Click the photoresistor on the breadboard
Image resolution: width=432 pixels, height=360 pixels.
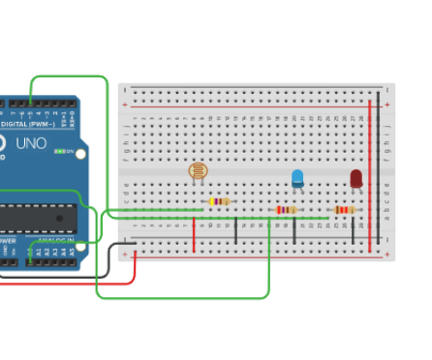198,172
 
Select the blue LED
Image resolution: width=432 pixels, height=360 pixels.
297,178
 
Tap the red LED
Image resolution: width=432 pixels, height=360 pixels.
355,179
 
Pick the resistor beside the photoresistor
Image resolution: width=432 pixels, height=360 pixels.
219,201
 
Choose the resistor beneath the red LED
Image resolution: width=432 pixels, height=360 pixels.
344,209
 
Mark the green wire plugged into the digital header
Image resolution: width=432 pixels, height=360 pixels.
68,76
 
